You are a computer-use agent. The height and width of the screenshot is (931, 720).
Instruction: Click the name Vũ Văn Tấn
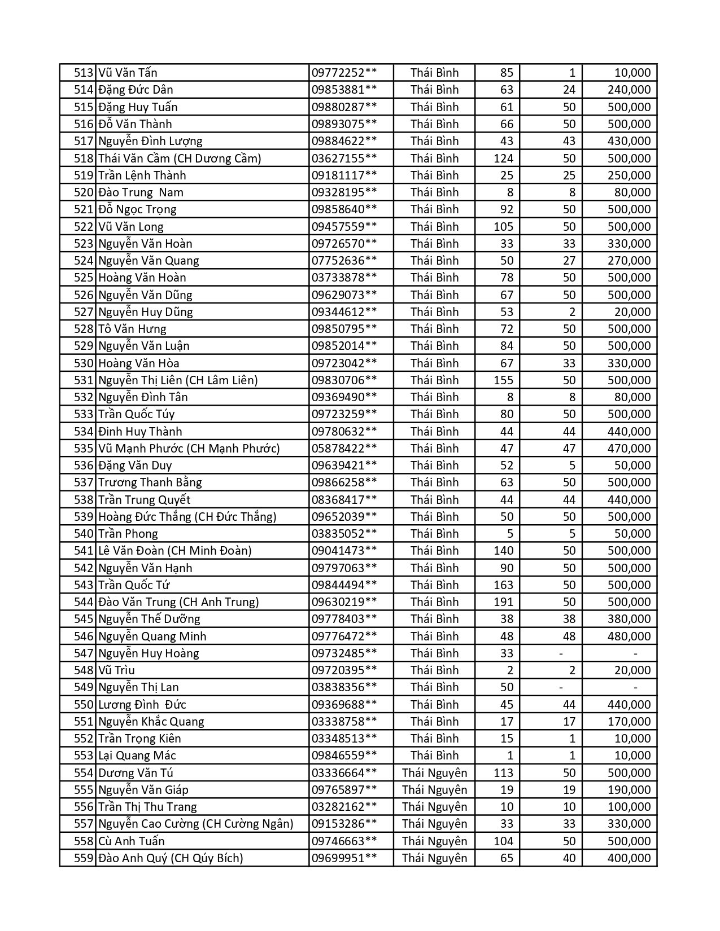[x=128, y=73]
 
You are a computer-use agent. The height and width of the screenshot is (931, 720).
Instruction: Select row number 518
[x=84, y=158]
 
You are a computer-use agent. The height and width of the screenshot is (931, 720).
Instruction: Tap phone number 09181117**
[x=344, y=175]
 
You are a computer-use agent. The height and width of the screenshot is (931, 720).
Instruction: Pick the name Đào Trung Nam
[x=141, y=192]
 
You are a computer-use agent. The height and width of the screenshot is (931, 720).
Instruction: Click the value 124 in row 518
[x=503, y=158]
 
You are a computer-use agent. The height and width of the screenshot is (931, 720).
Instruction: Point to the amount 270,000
[x=629, y=261]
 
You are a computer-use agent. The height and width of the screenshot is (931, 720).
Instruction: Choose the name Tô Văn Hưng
[x=132, y=329]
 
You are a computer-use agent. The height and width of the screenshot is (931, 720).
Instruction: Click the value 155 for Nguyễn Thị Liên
[x=503, y=380]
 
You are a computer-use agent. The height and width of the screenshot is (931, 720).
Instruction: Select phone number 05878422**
[x=344, y=449]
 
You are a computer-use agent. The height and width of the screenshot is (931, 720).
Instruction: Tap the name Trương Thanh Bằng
[x=150, y=482]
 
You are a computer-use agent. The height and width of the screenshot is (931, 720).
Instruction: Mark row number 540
[x=84, y=534]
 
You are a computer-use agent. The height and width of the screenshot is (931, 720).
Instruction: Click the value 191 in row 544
[x=503, y=602]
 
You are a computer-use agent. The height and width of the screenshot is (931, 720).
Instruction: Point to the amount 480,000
[x=629, y=636]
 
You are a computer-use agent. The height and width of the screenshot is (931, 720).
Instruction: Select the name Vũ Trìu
[x=116, y=670]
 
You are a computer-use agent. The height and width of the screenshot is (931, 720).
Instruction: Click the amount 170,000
[x=629, y=722]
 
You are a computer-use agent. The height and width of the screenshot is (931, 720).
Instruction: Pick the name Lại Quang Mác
[x=137, y=756]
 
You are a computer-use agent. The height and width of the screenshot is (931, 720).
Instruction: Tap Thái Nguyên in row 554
[x=434, y=773]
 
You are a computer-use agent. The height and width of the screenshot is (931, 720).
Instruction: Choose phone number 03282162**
[x=344, y=807]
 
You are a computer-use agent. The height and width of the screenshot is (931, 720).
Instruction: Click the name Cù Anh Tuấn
[x=132, y=841]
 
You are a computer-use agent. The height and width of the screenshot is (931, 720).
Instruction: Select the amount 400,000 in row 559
[x=629, y=858]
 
